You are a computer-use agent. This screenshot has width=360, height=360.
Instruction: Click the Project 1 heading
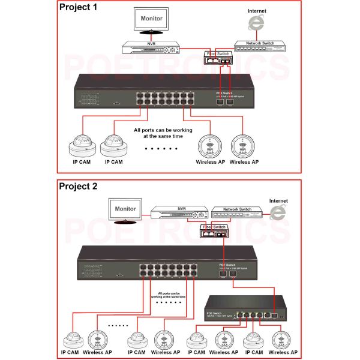tap(78, 8)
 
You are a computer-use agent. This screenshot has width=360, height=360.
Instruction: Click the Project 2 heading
tap(78, 185)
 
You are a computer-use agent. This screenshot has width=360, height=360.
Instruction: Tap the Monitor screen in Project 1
tap(151, 20)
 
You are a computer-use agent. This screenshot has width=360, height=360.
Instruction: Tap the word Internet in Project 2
tap(278, 201)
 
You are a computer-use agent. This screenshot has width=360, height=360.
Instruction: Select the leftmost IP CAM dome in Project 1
tap(81, 145)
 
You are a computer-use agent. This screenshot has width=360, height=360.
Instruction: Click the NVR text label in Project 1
tap(152, 43)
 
